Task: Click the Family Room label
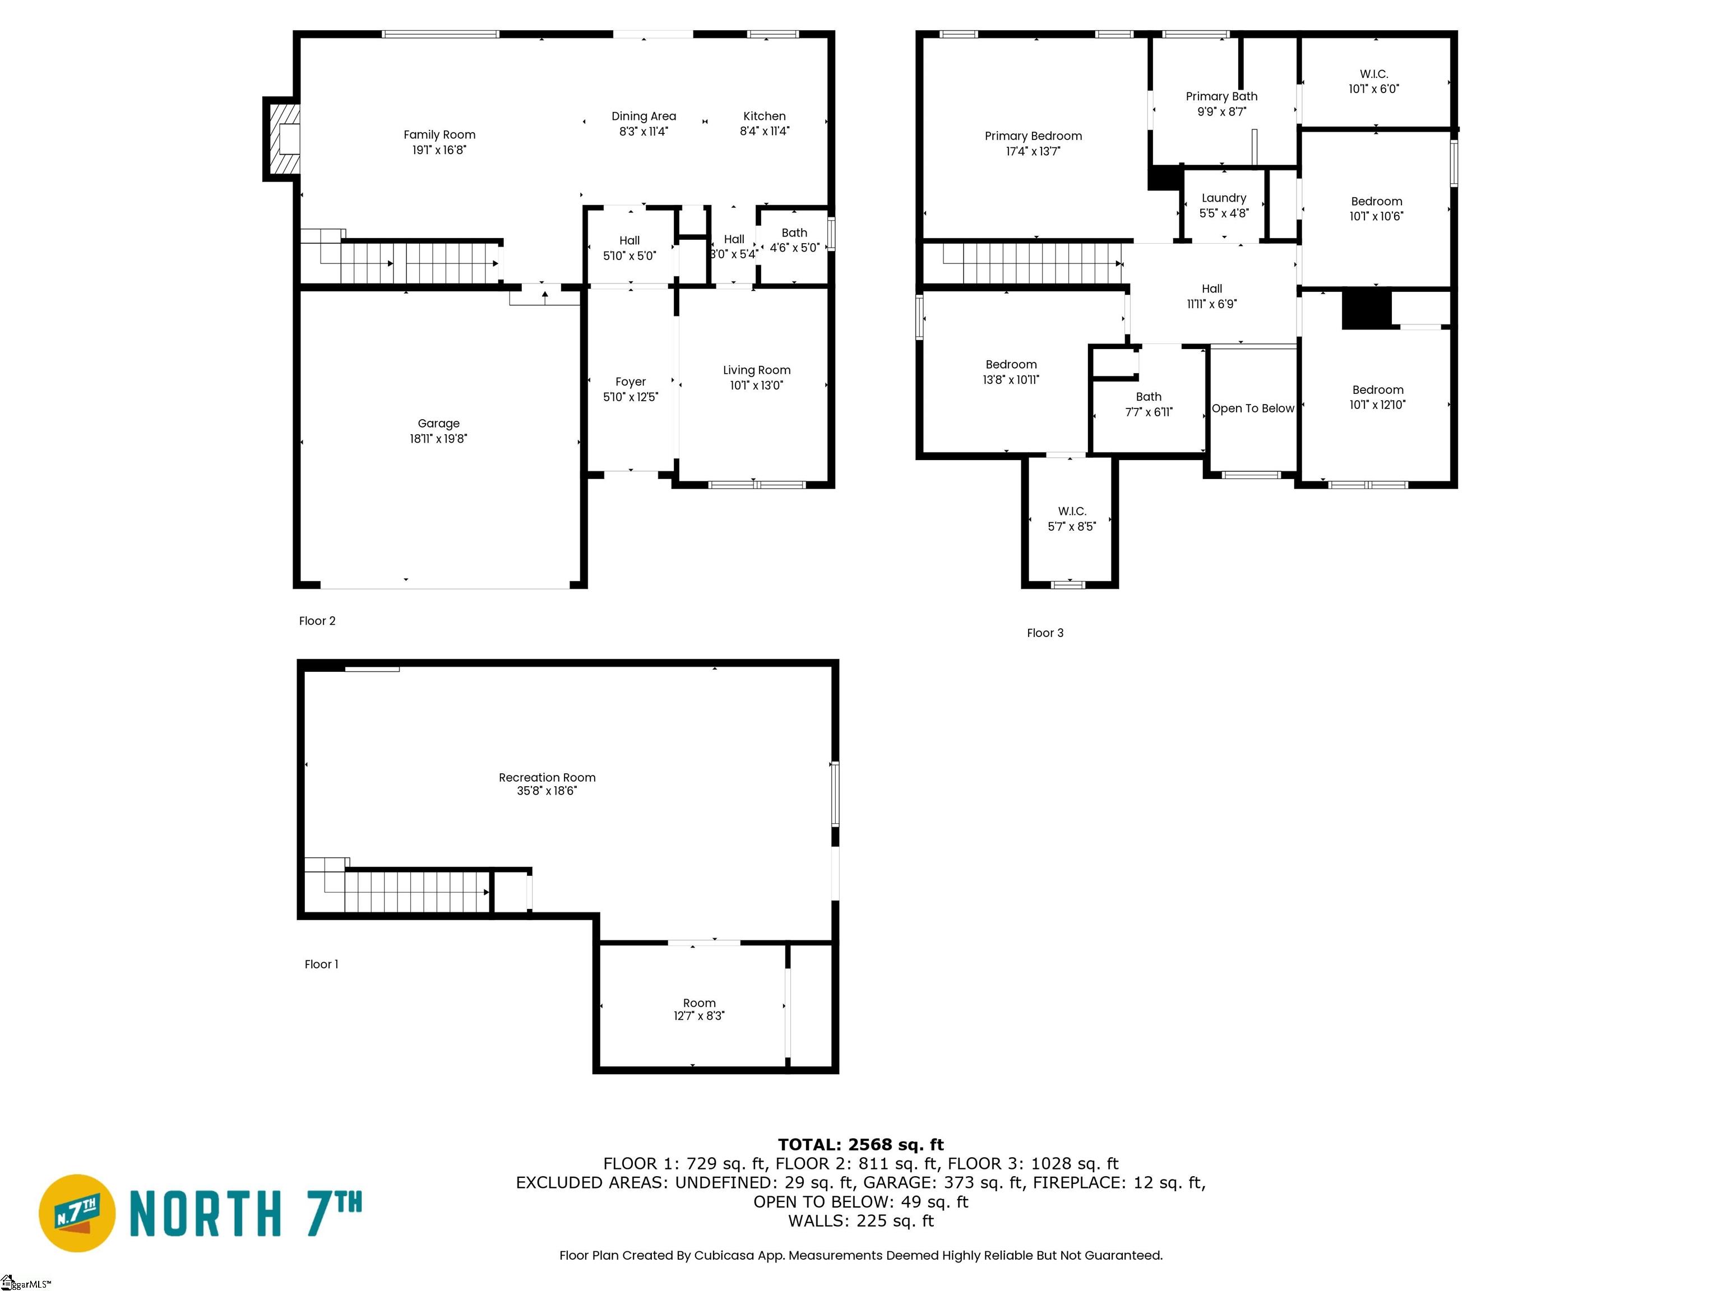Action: point(439,134)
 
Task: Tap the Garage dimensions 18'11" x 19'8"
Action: point(438,439)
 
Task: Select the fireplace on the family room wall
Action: point(282,140)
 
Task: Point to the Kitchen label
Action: point(765,116)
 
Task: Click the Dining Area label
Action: point(644,116)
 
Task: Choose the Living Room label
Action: point(757,370)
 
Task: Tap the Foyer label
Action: point(631,382)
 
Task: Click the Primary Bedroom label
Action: point(1033,136)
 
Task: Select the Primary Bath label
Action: point(1221,96)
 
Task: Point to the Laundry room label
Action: point(1224,198)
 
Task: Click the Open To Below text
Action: point(1253,408)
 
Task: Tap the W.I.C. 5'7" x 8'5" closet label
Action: point(1072,519)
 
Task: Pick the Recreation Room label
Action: point(547,777)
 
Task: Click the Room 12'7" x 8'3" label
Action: point(699,1009)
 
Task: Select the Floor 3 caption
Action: point(1045,633)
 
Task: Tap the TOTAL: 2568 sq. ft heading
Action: point(861,1145)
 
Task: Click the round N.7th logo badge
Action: point(77,1213)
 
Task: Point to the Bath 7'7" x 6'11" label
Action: point(1149,405)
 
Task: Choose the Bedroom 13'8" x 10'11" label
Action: point(1011,372)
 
